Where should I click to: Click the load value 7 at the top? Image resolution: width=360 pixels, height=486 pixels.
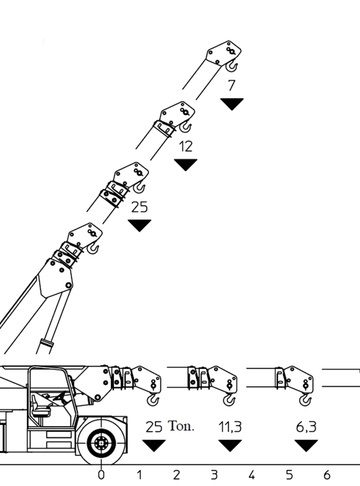click(231, 85)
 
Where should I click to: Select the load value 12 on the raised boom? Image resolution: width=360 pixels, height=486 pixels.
click(186, 147)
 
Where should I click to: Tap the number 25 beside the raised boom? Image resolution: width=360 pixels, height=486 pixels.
click(139, 207)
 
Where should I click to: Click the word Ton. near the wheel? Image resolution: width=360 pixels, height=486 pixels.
click(181, 426)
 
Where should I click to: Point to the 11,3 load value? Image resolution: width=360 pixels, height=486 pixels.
click(230, 427)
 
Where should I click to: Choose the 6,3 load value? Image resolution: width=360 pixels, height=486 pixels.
click(306, 427)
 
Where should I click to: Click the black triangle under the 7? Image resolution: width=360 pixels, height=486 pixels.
click(232, 104)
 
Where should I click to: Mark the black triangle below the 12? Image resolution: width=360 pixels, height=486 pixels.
click(186, 165)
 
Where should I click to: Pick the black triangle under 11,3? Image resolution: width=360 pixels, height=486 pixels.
click(230, 446)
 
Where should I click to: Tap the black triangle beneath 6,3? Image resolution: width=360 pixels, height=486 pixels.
click(306, 446)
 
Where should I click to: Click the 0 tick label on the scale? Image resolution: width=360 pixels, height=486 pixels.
click(101, 475)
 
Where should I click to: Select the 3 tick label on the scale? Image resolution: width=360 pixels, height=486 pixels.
click(214, 475)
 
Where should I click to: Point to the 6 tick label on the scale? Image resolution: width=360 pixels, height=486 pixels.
click(327, 475)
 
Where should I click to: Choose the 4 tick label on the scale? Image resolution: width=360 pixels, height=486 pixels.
click(251, 475)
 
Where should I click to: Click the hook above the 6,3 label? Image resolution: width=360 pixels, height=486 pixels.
click(305, 399)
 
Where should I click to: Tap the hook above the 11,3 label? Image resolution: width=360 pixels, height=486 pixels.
click(229, 399)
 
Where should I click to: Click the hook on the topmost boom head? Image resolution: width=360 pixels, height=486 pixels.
click(232, 66)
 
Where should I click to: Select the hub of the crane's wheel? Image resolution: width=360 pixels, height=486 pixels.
click(101, 443)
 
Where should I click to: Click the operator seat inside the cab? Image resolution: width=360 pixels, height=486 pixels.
click(37, 405)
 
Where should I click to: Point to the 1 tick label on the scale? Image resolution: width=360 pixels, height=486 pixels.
click(139, 475)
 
